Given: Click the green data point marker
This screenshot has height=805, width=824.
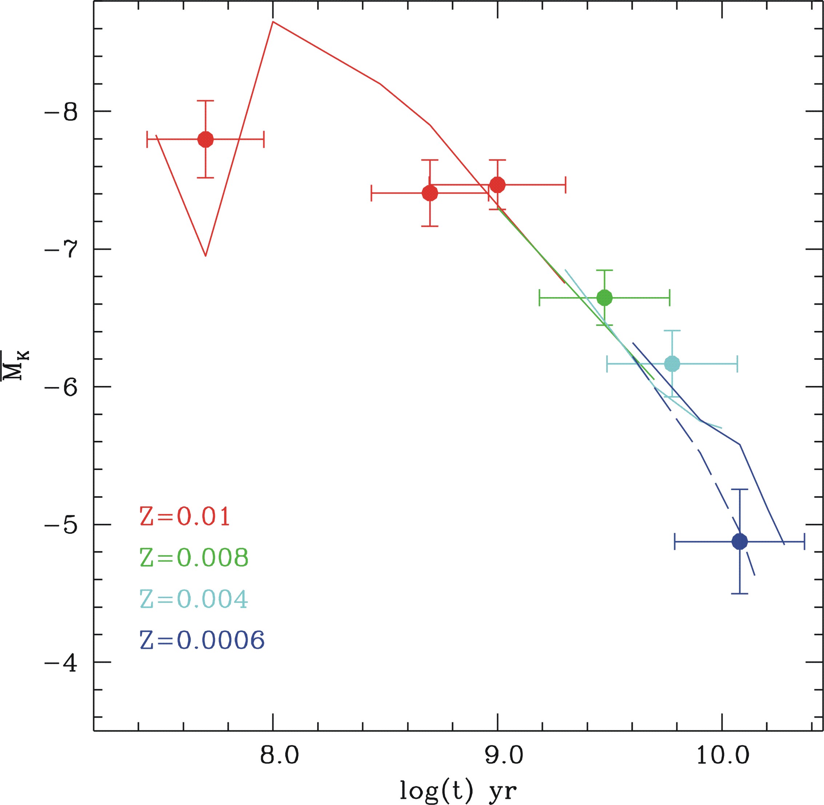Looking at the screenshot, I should coord(604,298).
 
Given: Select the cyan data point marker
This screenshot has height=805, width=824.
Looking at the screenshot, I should coord(672,364).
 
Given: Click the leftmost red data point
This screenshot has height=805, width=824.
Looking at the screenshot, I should coord(206,139).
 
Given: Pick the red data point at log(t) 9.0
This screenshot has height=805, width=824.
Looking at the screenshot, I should coord(497,185).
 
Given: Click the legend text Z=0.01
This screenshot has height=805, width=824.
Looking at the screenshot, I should coord(185,516).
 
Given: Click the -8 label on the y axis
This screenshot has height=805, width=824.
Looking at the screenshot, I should coord(62,112).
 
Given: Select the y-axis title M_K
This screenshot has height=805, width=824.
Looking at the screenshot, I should coord(16,365).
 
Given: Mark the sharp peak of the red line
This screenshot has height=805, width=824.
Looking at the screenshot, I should coord(273,21).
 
